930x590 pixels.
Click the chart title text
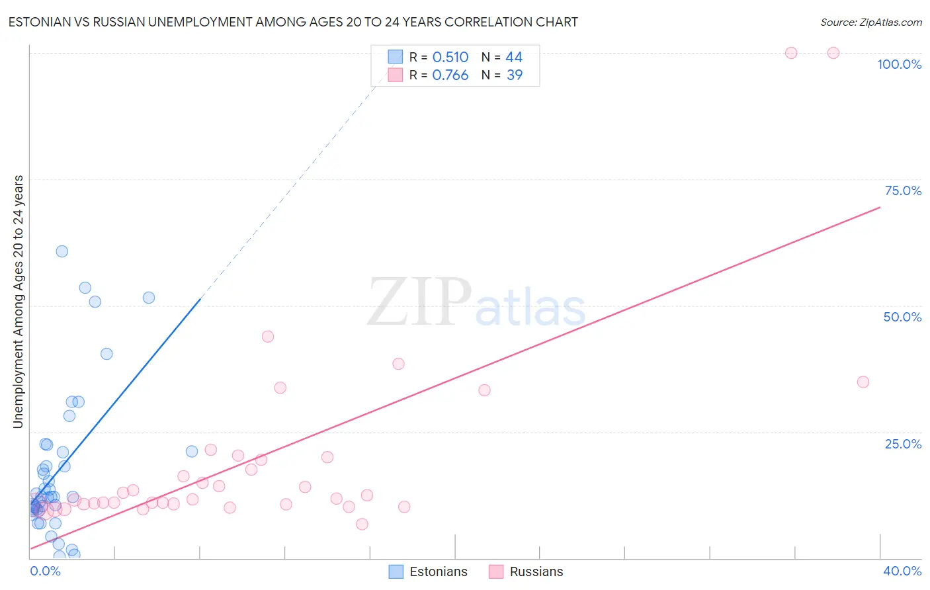[x=293, y=22]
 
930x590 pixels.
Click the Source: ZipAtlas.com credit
[x=870, y=22]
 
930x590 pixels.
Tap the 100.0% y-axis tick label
[x=899, y=64]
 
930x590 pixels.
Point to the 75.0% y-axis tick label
[x=903, y=190]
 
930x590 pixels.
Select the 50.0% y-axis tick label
[x=902, y=317]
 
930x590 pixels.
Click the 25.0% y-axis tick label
[x=903, y=443]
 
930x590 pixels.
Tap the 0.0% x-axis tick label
[x=45, y=571]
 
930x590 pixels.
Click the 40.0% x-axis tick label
[x=902, y=571]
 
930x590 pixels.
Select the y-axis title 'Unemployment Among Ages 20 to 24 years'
[x=18, y=302]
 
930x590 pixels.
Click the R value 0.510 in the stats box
[x=450, y=58]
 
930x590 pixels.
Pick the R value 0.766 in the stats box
[x=450, y=75]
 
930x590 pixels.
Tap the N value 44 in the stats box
[x=514, y=58]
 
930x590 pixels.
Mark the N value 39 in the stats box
[x=514, y=75]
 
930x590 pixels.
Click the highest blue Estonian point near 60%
[x=62, y=251]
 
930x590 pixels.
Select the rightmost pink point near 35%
[x=863, y=382]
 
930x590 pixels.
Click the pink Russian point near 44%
[x=268, y=336]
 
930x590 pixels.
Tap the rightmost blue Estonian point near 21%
[x=192, y=452]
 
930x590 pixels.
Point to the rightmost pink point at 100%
[x=833, y=53]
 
